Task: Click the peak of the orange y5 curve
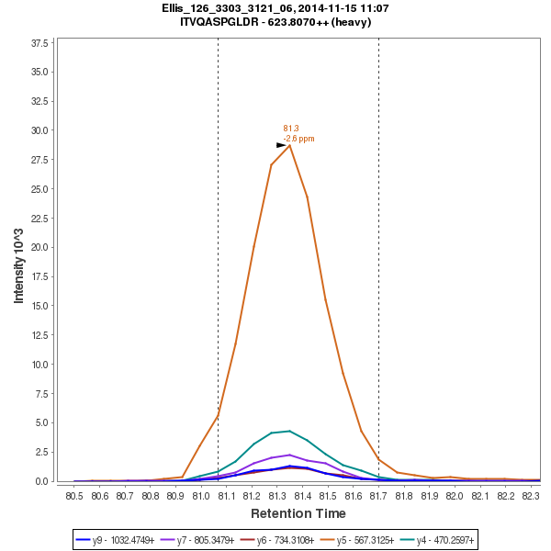pos(289,145)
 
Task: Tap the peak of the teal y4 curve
pos(289,431)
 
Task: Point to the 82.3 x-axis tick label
pos(530,496)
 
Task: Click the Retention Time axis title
pos(298,513)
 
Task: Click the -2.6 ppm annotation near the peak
pos(298,139)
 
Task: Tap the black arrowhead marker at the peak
pos(282,145)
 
